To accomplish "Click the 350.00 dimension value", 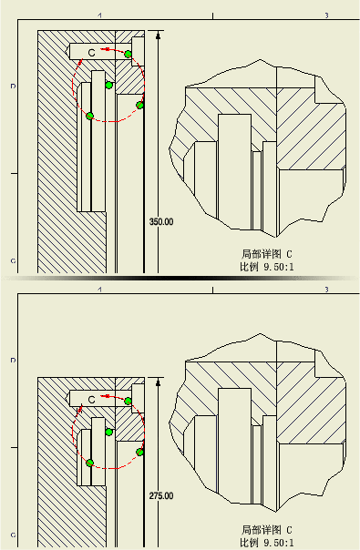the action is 161,221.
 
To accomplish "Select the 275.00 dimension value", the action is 161,496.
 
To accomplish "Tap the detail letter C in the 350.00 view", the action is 92,53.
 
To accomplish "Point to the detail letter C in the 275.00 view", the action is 92,400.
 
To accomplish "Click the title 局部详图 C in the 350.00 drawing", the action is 267,254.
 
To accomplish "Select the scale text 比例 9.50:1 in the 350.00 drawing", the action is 267,267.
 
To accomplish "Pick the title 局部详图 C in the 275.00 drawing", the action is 267,530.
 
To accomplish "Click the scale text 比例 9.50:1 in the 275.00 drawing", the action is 267,543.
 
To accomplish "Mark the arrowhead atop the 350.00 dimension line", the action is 158,35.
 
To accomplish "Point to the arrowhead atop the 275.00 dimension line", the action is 158,382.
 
